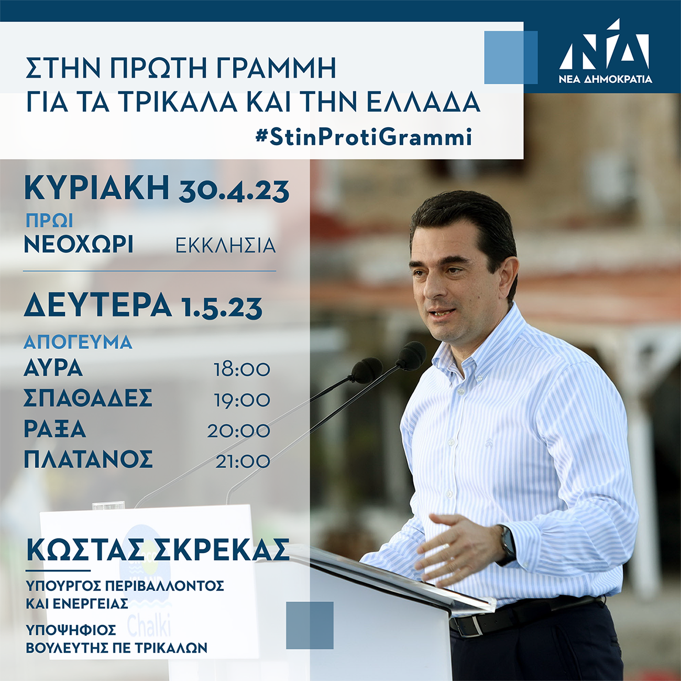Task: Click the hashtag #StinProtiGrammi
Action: (x=364, y=137)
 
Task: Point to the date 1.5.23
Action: (x=222, y=308)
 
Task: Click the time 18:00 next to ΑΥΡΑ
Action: (x=241, y=370)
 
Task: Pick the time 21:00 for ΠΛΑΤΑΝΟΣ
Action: (x=243, y=462)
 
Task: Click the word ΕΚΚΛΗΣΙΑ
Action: (x=225, y=245)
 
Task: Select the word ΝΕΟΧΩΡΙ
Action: (x=79, y=244)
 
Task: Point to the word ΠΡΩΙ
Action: (x=49, y=221)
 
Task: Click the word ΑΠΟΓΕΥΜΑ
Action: (x=78, y=342)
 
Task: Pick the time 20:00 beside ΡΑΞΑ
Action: (x=238, y=431)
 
